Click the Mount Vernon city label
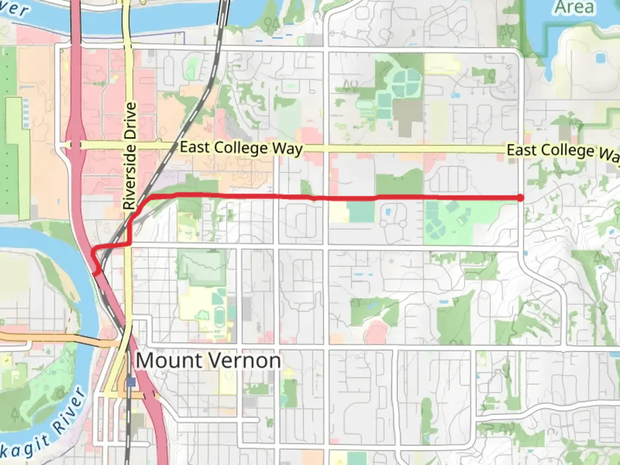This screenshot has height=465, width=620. click(208, 360)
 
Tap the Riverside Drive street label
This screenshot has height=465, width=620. click(130, 156)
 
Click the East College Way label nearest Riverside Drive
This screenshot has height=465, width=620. click(241, 148)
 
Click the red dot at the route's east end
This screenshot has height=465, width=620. click(521, 198)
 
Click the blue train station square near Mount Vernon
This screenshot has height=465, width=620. click(131, 382)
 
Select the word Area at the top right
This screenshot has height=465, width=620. click(574, 7)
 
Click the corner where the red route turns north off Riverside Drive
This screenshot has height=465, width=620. click(129, 244)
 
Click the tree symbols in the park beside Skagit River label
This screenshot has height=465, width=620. click(16, 415)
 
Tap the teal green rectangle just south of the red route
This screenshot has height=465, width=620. click(361, 212)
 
